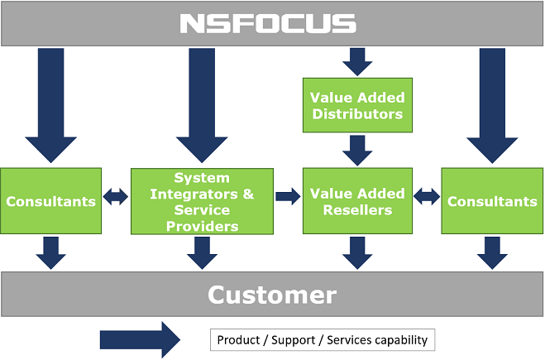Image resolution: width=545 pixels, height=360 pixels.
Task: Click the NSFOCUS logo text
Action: (268, 24)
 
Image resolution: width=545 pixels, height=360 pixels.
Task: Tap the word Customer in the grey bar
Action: (272, 295)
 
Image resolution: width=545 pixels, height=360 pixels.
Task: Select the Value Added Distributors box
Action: (357, 105)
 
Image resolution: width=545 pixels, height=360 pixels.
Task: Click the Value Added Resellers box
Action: (357, 201)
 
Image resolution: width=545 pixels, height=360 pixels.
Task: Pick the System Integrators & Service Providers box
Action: (202, 201)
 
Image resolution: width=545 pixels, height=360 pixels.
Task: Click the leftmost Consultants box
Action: (50, 201)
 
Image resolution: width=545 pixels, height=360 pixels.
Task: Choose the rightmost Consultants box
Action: (492, 201)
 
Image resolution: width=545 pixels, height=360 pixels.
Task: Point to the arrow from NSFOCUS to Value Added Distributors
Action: (357, 62)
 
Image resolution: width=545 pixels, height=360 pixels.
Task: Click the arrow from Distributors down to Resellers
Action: (357, 151)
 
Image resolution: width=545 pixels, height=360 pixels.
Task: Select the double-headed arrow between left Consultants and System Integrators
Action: (116, 196)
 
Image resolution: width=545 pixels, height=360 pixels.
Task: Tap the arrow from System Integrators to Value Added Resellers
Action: (288, 196)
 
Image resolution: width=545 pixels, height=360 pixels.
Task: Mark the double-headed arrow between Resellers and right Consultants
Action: (427, 196)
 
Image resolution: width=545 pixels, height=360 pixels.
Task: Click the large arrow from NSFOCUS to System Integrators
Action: (202, 105)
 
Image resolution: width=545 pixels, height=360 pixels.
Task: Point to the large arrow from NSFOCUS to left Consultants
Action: (50, 105)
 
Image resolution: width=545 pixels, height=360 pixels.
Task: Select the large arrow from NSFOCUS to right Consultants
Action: (492, 105)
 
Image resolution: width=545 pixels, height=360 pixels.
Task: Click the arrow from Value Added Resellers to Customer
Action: (357, 253)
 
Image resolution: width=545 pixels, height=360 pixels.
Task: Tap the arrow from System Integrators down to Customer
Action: (202, 253)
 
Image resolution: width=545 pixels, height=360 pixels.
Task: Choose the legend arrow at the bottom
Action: (140, 340)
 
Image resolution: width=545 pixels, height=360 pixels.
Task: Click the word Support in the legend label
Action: (293, 340)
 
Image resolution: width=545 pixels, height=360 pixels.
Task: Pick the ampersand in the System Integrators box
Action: (248, 194)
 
